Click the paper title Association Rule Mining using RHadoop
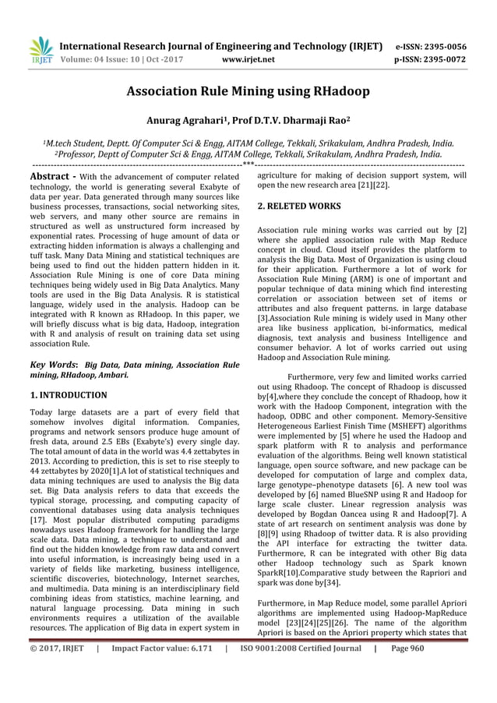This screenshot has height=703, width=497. pos(248,91)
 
